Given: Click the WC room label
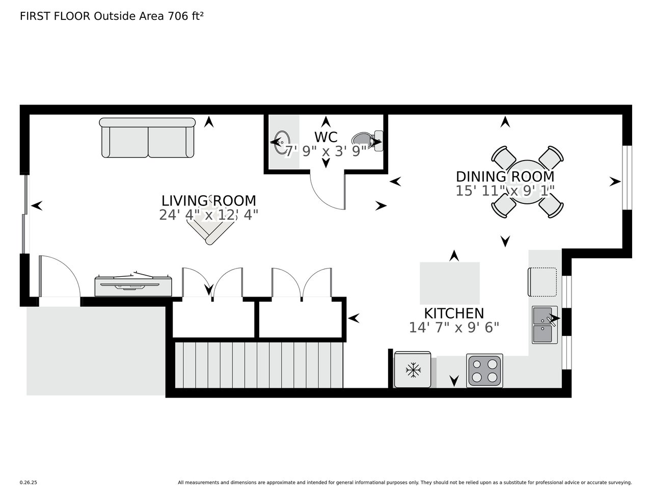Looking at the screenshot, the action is pos(325,137).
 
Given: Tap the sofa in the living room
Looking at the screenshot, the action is pos(147,138).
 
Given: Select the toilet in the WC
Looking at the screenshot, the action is pos(367,141).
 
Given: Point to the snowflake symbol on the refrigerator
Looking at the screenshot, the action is pos(413,370).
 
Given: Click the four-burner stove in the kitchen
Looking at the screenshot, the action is pos(484,370).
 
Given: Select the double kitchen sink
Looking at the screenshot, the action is pos(545,325).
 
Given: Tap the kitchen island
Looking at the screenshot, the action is pos(449,283).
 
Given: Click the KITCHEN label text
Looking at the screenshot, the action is pos(454,313).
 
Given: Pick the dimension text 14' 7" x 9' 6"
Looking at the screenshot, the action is pos(454,328).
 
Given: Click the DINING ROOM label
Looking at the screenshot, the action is pos(505,176).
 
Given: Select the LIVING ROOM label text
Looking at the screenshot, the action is pos(209,200).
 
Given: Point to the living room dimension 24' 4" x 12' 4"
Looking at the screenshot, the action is pos(209,215).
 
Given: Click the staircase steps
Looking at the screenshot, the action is pos(259,365).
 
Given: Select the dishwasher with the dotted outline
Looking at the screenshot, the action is pos(542,282).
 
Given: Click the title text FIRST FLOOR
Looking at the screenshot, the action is pos(55,16).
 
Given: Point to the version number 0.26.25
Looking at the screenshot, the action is pos(28,483).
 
